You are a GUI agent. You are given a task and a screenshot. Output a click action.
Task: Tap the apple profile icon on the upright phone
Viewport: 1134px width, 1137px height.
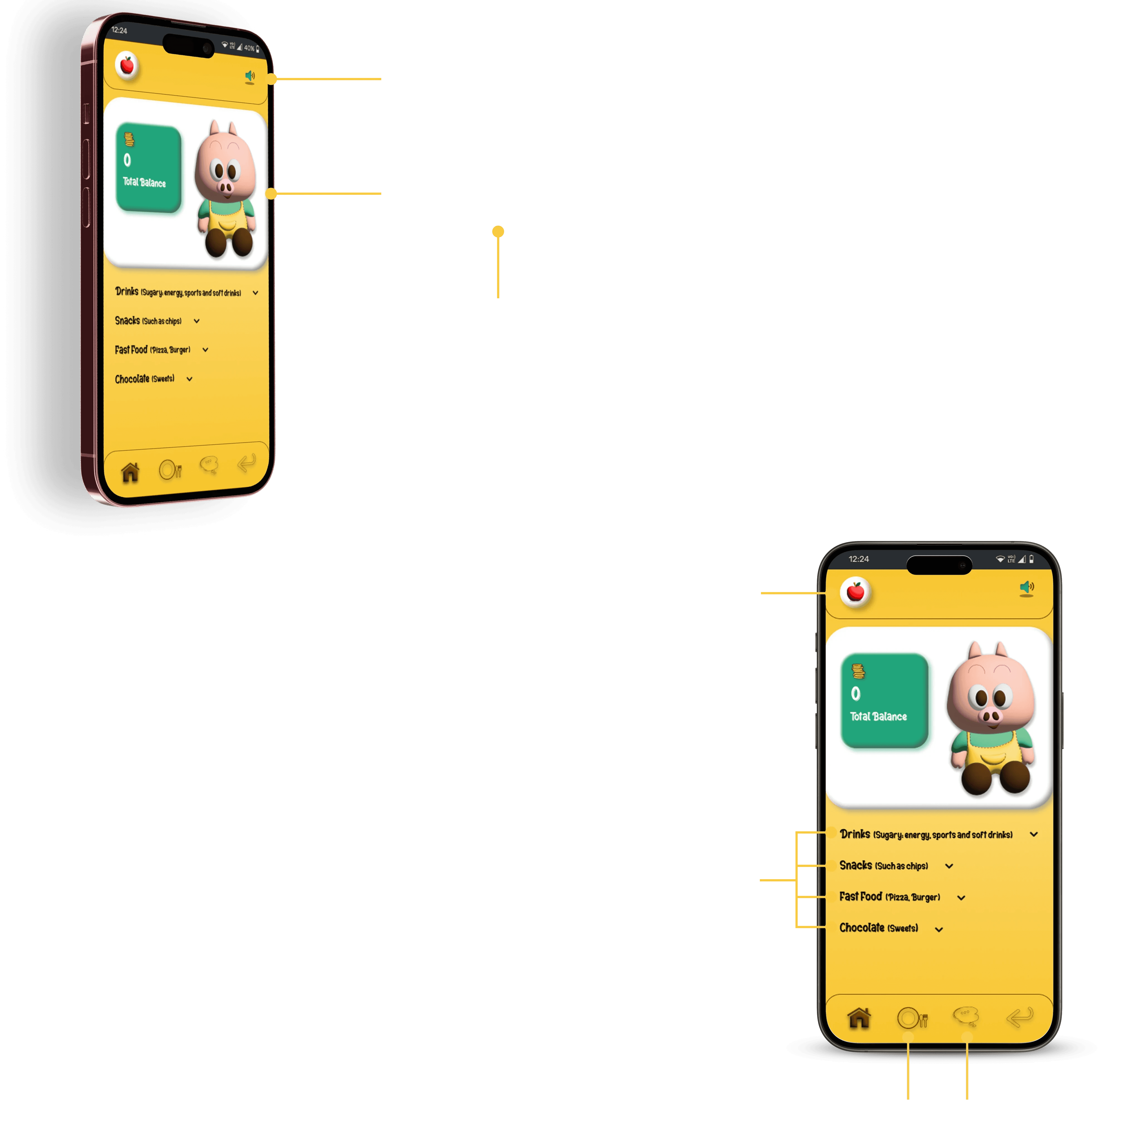[x=855, y=591]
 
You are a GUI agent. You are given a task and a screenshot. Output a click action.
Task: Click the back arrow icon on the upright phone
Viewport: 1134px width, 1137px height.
[x=1020, y=1016]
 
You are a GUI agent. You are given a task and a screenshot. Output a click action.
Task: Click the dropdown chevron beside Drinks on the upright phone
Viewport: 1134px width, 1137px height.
[x=1034, y=835]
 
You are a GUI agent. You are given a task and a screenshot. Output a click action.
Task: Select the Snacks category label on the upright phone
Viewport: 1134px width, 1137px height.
[x=855, y=865]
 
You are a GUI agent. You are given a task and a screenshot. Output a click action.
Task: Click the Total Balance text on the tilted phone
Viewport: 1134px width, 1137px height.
[x=144, y=182]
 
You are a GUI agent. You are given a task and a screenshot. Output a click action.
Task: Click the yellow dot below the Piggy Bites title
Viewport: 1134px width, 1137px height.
[x=498, y=232]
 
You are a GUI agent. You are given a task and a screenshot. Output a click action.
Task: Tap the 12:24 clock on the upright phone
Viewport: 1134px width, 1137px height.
[x=858, y=559]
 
